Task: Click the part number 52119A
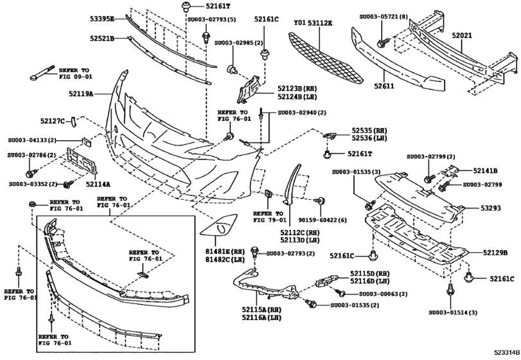pos(80,94)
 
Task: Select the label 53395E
pos(102,19)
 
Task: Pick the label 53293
pos(495,208)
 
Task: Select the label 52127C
pos(53,120)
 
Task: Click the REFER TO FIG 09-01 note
pos(76,73)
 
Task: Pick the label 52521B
pos(102,39)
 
